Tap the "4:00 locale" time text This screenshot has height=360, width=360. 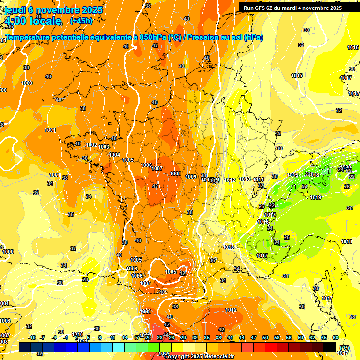pos(32,21)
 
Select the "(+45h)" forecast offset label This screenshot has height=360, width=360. pos(81,21)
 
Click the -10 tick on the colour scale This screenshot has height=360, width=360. pos(32,337)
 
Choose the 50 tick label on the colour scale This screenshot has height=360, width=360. pos(265,337)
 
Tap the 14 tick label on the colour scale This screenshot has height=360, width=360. pos(125,337)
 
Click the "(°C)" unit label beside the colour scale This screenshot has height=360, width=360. pos(345,348)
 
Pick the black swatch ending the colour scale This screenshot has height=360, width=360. pos(330,347)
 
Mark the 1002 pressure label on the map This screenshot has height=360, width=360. pos(92,145)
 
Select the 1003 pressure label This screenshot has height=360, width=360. pos(104,147)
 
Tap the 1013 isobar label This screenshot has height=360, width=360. pos(245,179)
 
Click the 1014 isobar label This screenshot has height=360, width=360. pos(258,180)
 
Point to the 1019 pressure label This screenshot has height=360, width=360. pos(315,197)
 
